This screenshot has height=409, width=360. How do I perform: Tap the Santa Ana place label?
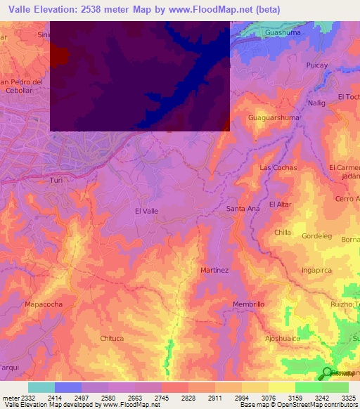click(244, 209)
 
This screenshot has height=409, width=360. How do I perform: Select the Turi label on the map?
click(57, 181)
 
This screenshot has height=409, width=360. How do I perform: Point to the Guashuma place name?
click(284, 32)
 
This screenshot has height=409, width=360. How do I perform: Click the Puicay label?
click(318, 65)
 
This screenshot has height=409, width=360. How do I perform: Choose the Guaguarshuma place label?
click(274, 118)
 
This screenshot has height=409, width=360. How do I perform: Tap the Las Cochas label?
click(278, 168)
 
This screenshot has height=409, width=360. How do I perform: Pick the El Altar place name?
click(281, 204)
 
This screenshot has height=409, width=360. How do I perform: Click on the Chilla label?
click(283, 232)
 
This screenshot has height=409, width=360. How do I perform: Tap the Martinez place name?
click(214, 270)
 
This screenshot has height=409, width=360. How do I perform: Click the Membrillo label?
click(248, 304)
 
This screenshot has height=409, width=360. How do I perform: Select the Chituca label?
click(112, 338)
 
